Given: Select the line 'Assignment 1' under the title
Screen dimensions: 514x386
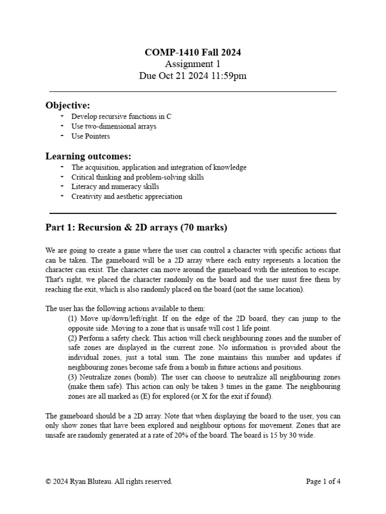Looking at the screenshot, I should (x=192, y=64).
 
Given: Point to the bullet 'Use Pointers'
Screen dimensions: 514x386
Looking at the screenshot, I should (x=90, y=136).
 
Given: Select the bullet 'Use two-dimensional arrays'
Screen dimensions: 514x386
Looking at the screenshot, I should (x=114, y=126).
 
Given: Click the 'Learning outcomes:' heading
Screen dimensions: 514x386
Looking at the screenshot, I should (x=88, y=156).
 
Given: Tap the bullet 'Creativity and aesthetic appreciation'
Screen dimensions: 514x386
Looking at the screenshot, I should (x=127, y=197).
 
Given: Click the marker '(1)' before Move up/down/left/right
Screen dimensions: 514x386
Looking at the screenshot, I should (x=72, y=319).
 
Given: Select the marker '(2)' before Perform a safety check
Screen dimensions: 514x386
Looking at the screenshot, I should (x=72, y=338).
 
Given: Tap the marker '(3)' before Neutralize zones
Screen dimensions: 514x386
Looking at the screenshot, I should (x=72, y=377).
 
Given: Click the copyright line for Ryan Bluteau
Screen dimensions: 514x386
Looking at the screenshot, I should (x=109, y=481).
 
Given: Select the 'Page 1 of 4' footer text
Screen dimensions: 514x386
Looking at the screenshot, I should (x=323, y=481).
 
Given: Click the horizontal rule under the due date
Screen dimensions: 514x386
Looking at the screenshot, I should (x=193, y=92).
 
